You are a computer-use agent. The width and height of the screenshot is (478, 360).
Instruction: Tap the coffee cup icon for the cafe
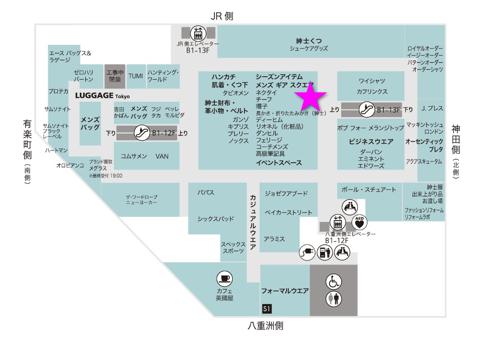tap(224, 279)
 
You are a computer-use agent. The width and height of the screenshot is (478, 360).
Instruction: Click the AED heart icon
tap(359, 221)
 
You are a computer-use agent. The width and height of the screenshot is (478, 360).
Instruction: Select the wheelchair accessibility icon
tap(333, 282)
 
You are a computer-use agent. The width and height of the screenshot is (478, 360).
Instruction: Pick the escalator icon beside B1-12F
tap(142, 133)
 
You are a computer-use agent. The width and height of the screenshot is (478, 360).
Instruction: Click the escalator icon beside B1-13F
tap(367, 109)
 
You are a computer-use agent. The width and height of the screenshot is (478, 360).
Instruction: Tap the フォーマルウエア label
tap(285, 291)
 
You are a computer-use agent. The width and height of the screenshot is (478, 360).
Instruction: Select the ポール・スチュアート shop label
tap(369, 190)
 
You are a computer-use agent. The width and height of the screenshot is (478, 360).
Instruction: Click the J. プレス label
tap(432, 108)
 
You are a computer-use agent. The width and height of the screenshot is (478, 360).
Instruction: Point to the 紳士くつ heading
tap(309, 40)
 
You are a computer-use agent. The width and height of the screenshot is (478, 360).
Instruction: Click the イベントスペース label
tap(278, 163)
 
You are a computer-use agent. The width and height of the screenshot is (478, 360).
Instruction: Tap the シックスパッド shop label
tap(216, 219)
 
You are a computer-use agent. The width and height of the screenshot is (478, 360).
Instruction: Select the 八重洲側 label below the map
tap(265, 326)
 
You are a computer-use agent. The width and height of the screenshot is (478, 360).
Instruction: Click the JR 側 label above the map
tap(222, 16)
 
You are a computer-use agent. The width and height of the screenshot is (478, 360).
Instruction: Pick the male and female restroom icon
tap(333, 299)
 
